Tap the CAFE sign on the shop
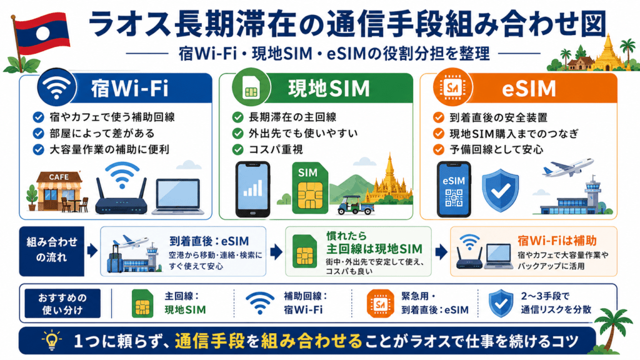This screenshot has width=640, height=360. coord(59,177)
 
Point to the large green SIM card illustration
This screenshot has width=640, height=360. coord(310,188)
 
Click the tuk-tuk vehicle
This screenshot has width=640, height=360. coord(356,205)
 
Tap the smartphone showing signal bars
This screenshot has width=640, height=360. coord(253,189)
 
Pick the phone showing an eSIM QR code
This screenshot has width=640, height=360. coord(454,189)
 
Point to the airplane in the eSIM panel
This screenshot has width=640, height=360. coord(567,167)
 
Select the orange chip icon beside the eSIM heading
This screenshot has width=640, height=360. coord(452,87)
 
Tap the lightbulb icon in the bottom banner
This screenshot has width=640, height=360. coord(51,341)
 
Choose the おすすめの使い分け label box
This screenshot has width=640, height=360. coord(62,304)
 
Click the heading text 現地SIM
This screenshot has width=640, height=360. coord(329,88)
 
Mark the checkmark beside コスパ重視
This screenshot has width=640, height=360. coord(238,150)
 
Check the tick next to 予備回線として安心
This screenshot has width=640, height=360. coord(439,150)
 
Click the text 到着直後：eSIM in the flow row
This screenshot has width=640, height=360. coord(209,241)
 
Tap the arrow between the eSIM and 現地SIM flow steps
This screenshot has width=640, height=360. coord(276,252)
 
